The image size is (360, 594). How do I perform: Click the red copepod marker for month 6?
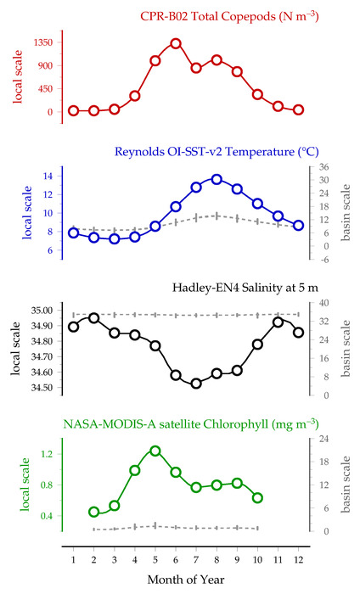(x=176, y=43)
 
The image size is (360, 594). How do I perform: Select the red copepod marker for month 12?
(x=298, y=109)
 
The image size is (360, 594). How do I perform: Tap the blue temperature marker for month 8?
(x=217, y=179)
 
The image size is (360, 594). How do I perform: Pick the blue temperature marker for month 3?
(x=115, y=238)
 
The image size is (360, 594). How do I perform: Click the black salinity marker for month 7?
(x=196, y=384)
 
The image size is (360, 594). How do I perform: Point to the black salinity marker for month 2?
(x=94, y=318)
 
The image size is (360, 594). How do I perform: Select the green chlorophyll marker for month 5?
(x=155, y=451)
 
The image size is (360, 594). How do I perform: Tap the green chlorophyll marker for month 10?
(x=257, y=498)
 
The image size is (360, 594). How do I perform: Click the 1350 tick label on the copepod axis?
(x=43, y=42)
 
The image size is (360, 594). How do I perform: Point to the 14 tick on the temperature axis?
(x=48, y=176)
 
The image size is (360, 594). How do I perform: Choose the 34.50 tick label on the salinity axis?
(x=42, y=388)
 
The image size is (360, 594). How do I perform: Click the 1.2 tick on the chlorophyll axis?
(x=47, y=454)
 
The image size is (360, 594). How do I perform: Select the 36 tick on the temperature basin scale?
(x=323, y=167)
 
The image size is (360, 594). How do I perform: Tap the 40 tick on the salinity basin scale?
(x=323, y=303)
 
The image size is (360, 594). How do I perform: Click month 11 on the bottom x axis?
(x=278, y=559)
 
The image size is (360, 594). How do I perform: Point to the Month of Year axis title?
(x=186, y=580)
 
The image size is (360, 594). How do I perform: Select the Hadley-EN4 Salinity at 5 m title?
(x=245, y=288)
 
